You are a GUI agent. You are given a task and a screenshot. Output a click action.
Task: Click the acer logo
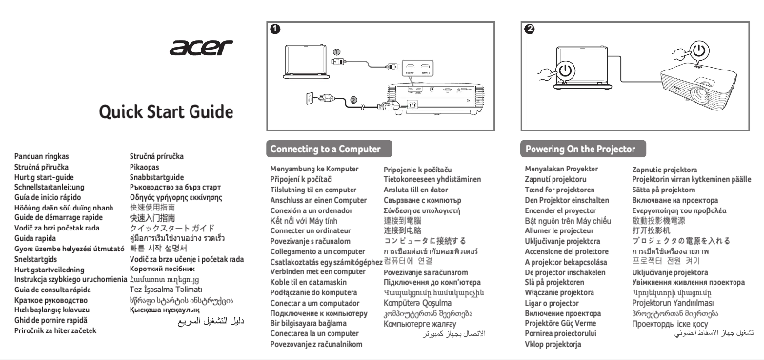(203, 48)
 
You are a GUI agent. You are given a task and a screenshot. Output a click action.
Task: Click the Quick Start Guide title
(167, 112)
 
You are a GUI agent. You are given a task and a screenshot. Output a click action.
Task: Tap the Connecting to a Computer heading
(319, 150)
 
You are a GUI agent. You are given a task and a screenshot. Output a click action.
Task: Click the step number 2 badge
(530, 28)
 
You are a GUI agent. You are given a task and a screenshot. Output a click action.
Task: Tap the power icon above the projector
(700, 48)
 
